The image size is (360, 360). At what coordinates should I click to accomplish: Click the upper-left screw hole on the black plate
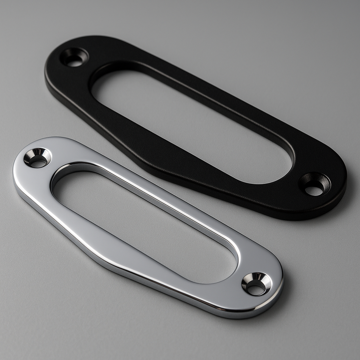75,57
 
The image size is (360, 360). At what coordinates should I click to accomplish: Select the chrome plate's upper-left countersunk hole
37,158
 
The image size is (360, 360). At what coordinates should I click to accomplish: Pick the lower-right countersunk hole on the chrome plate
257,284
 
